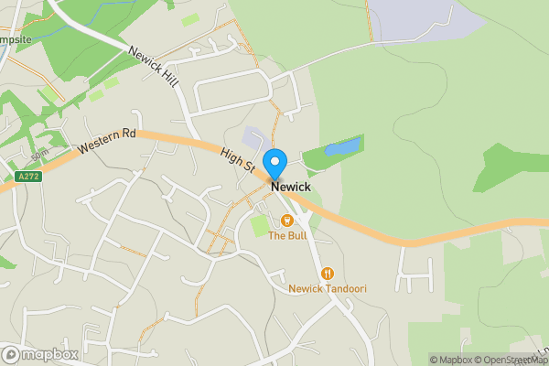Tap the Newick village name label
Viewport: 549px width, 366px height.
pos(290,187)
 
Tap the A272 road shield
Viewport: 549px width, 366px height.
pos(28,177)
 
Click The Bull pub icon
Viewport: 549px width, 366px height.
pos(286,220)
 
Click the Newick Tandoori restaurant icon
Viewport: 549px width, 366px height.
pos(327,273)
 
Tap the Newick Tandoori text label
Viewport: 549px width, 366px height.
pos(327,288)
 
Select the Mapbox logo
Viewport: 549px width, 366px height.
pos(39,354)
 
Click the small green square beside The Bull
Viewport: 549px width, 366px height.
pos(260,224)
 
